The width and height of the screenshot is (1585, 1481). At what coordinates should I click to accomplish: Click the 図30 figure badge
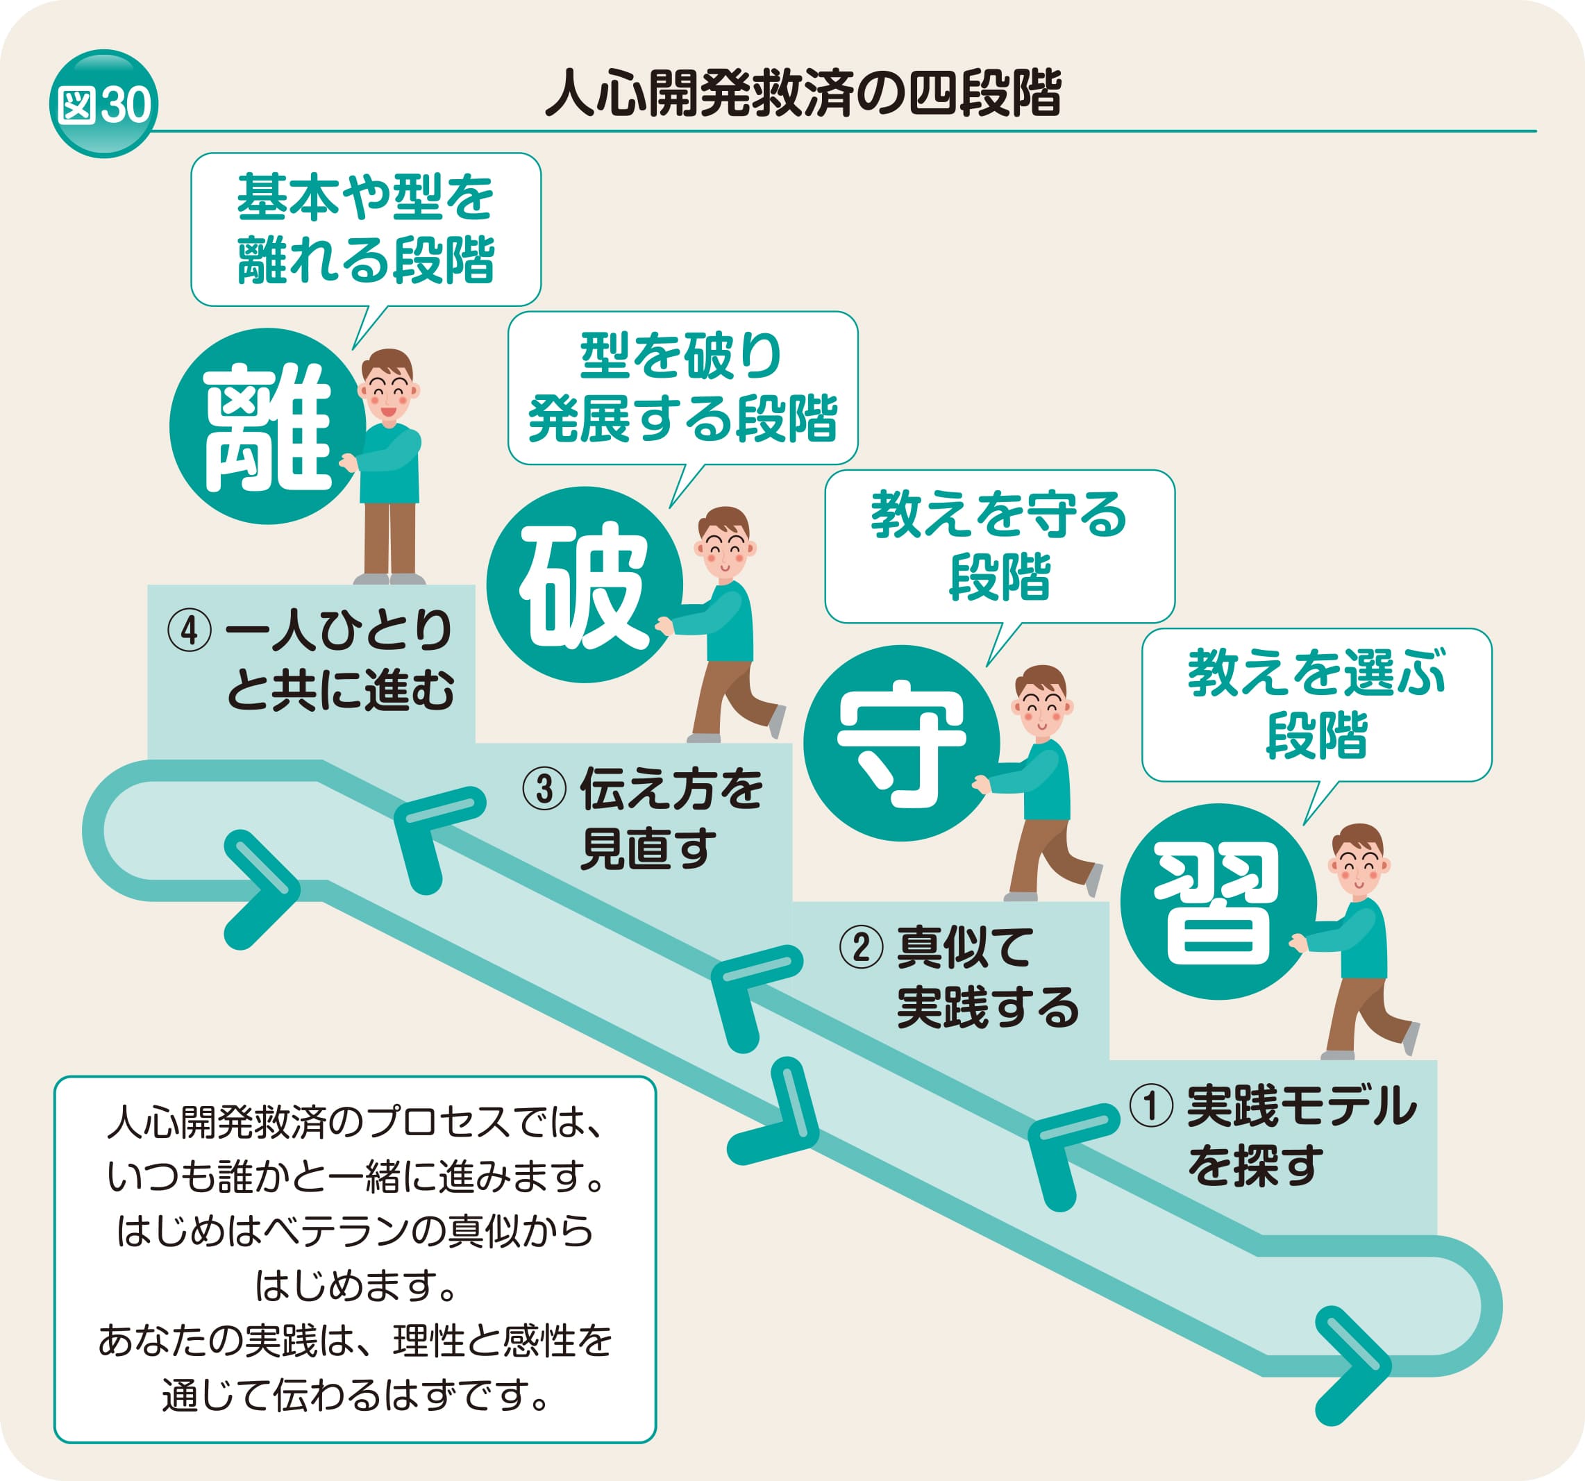coord(103,103)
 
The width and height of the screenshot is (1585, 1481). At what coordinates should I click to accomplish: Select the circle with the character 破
coord(585,585)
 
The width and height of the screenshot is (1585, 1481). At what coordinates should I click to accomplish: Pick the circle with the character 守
coord(901,744)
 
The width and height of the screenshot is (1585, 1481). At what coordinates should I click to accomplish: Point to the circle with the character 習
coord(1218,902)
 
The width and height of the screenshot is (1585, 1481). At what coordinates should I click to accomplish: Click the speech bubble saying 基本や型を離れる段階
coord(366,229)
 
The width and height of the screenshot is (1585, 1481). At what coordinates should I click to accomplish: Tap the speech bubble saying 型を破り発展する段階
coord(682,387)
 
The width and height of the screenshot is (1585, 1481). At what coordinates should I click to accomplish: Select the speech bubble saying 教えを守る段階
coord(999,546)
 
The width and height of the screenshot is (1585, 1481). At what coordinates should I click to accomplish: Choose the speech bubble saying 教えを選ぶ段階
coord(1316,705)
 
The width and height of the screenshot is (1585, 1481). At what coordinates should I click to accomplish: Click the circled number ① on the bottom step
coord(1151,1107)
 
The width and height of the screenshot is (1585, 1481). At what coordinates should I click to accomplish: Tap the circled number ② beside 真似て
coord(861,948)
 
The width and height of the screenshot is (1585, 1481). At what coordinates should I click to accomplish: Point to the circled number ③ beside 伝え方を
coord(544,789)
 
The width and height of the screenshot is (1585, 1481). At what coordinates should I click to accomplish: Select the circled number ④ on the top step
coord(189,631)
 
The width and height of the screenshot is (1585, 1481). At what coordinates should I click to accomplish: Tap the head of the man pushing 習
coord(1359,862)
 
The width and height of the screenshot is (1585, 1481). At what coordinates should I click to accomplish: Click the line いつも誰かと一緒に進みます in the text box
coord(355,1177)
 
